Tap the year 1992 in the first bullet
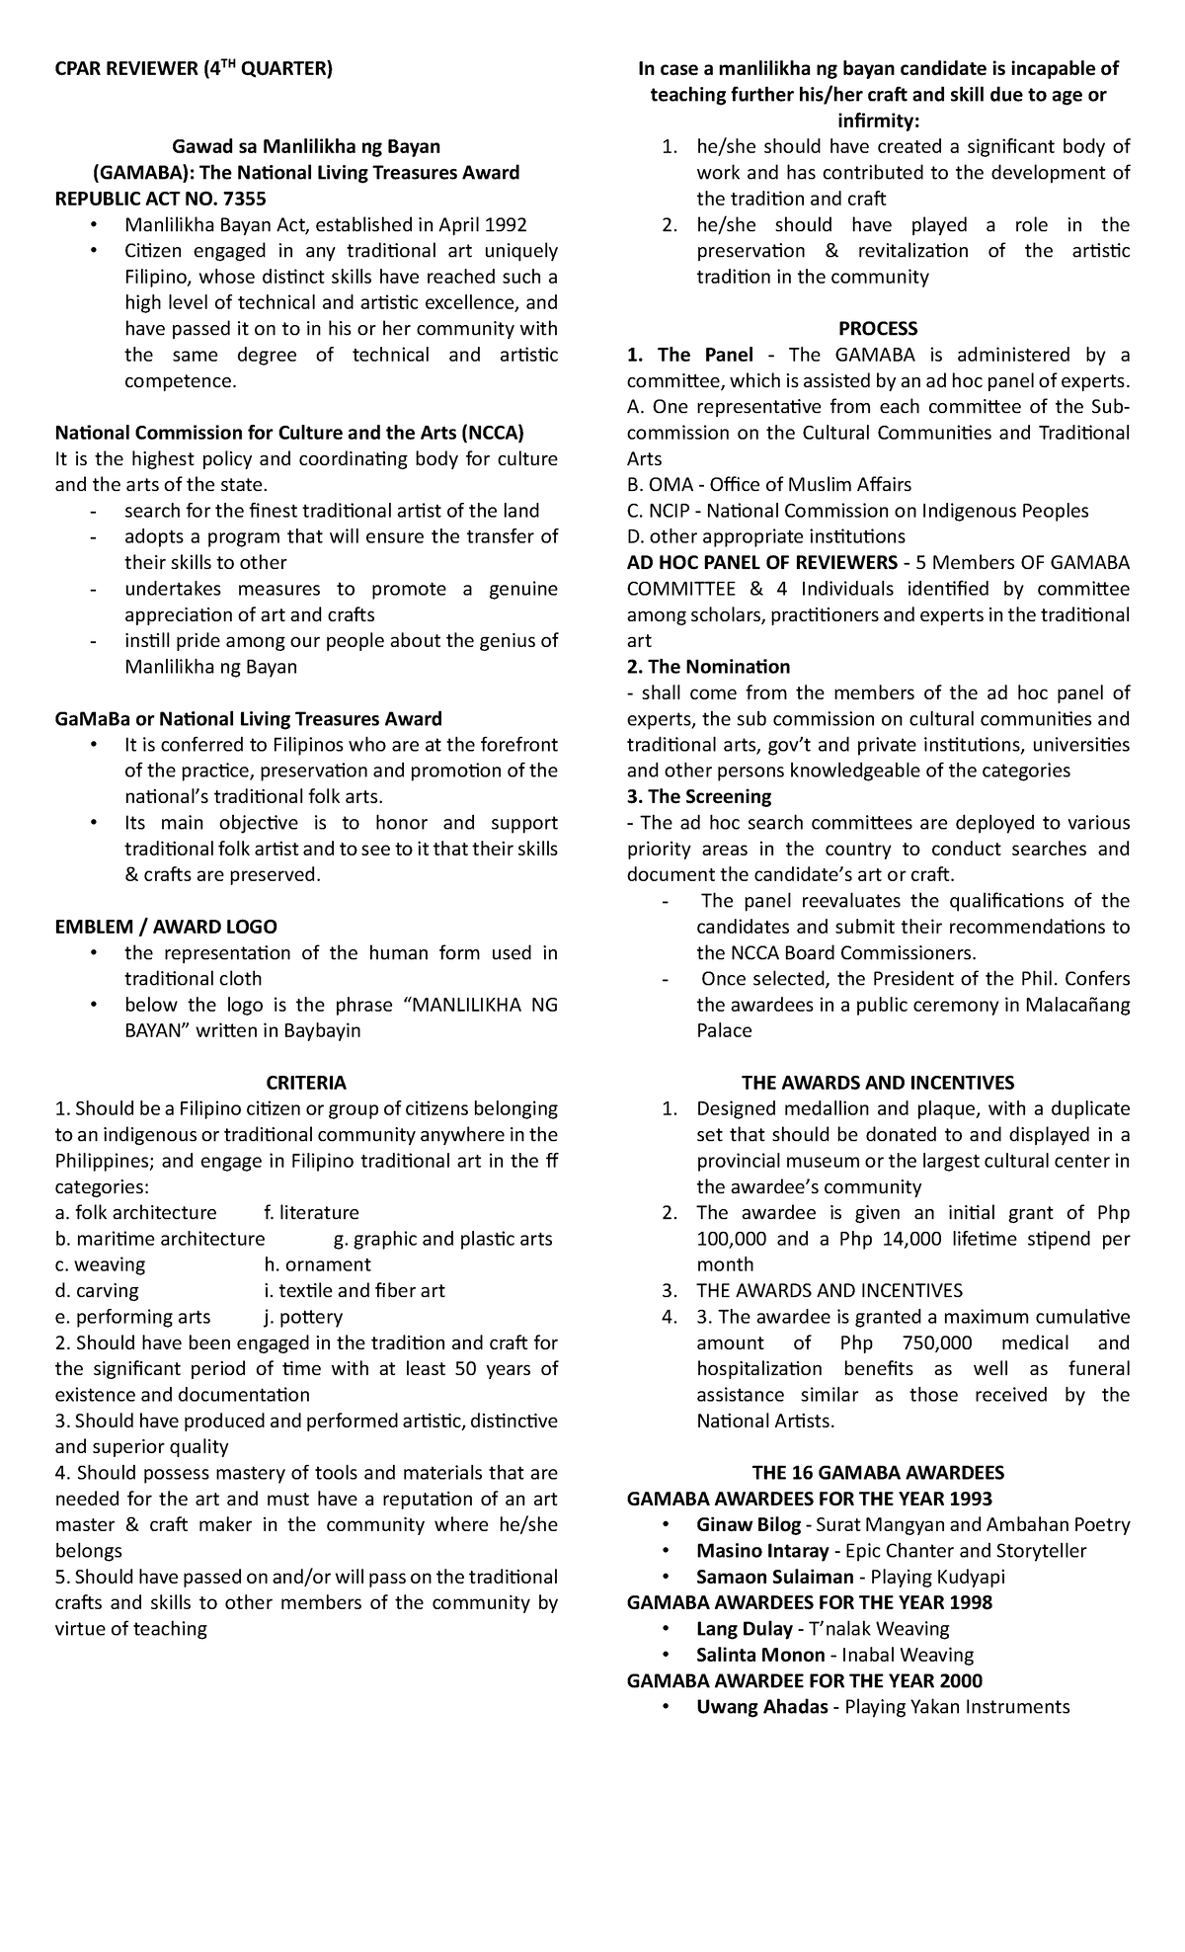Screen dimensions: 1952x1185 (506, 225)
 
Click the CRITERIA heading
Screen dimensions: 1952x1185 (306, 1083)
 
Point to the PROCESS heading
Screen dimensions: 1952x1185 (878, 328)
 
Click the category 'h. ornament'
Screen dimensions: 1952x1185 (317, 1264)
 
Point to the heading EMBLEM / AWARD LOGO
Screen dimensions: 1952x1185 (165, 927)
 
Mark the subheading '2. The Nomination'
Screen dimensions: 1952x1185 (708, 667)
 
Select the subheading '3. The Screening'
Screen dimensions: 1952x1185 (698, 796)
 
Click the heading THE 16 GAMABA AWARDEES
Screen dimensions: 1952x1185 (878, 1472)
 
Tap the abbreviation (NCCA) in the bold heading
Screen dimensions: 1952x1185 (493, 433)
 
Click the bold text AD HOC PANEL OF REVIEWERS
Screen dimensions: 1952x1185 (761, 562)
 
